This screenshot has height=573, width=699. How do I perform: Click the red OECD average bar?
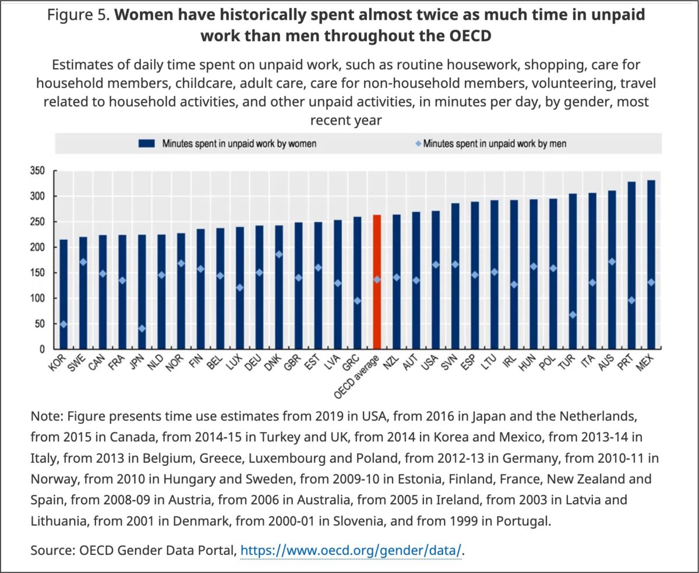point(377,282)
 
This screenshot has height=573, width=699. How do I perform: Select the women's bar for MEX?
point(651,264)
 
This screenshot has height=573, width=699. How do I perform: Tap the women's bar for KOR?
point(63,294)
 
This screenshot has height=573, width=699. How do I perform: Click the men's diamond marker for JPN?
point(142,328)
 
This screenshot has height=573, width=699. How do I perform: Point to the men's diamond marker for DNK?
point(279,254)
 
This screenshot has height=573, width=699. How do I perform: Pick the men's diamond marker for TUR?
point(573,315)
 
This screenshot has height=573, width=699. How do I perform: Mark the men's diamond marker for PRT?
point(631,300)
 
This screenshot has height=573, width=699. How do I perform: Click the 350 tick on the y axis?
point(37,171)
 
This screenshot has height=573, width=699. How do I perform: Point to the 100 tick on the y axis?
point(37,298)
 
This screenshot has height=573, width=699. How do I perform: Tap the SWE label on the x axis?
point(77,363)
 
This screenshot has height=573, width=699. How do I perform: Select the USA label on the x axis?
point(429,363)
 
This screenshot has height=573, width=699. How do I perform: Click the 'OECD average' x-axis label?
point(356,377)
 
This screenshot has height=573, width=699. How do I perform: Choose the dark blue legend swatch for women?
point(147,143)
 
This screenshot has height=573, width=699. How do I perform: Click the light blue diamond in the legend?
point(418,143)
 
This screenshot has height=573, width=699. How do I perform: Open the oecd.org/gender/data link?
point(351,550)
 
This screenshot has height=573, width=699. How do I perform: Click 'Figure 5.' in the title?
point(79,15)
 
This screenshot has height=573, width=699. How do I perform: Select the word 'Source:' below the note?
point(52,550)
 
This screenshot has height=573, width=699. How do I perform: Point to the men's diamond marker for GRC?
point(357,300)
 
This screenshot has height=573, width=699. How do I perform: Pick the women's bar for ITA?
point(592,271)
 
